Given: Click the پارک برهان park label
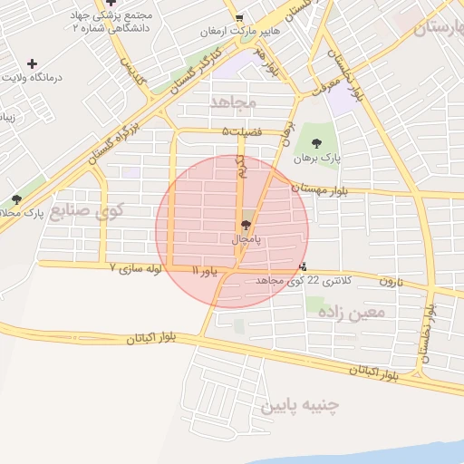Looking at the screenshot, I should point(315,159).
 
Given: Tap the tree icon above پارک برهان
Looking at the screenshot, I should point(315,143).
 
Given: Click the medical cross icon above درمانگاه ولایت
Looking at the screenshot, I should point(33,63).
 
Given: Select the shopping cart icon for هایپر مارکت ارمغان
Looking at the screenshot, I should point(238,17).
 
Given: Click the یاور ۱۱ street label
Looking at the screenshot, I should point(206,270).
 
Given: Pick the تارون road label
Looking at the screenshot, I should point(390,282).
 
